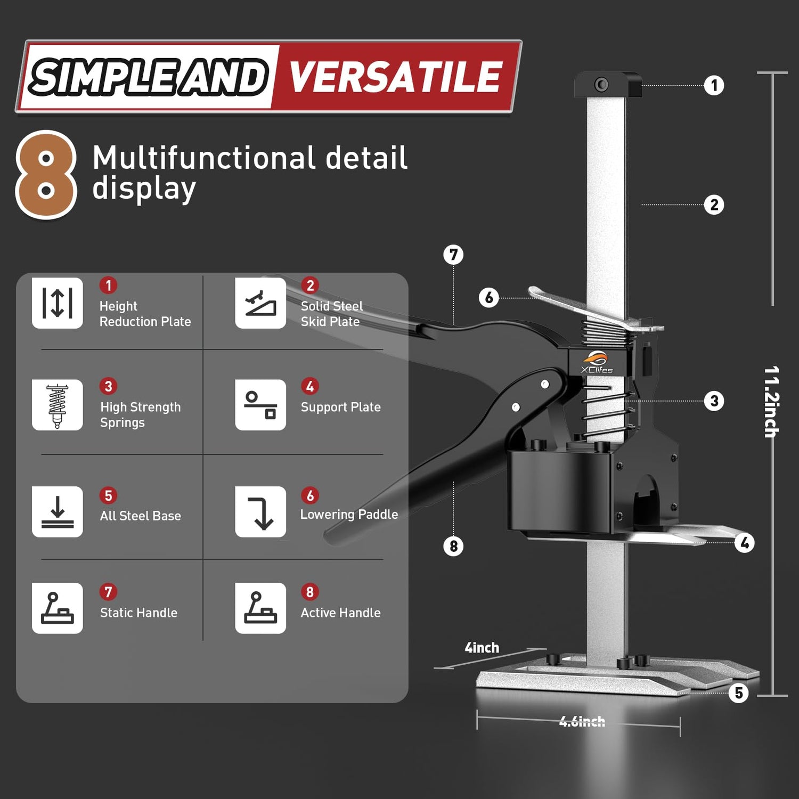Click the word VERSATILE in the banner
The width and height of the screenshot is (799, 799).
point(395,77)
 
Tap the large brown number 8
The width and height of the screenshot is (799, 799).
point(46,175)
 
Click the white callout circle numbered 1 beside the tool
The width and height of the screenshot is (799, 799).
point(714,85)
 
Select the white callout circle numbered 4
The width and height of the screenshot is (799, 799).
point(744,543)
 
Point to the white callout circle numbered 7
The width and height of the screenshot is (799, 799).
point(453,255)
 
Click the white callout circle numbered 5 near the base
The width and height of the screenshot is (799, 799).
point(738,693)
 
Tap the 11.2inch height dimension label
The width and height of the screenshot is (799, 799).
point(772,402)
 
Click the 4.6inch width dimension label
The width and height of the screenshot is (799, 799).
point(582,722)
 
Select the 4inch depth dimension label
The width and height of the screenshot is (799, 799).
point(482,648)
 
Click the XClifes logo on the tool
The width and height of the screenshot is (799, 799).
point(596,363)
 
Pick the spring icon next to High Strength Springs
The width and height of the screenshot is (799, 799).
point(57,405)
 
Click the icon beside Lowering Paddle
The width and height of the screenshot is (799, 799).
point(260,511)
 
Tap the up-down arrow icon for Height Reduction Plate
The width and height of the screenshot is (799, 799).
point(57,303)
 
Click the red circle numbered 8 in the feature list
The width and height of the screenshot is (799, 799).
point(310,592)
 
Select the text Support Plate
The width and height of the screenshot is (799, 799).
point(341,407)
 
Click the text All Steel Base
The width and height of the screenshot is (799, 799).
point(141,516)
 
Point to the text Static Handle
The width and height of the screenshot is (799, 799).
point(138,613)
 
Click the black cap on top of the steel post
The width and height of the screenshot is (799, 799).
point(608,85)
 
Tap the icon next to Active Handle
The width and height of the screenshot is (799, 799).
point(260,608)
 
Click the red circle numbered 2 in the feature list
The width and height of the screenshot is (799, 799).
point(310,286)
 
